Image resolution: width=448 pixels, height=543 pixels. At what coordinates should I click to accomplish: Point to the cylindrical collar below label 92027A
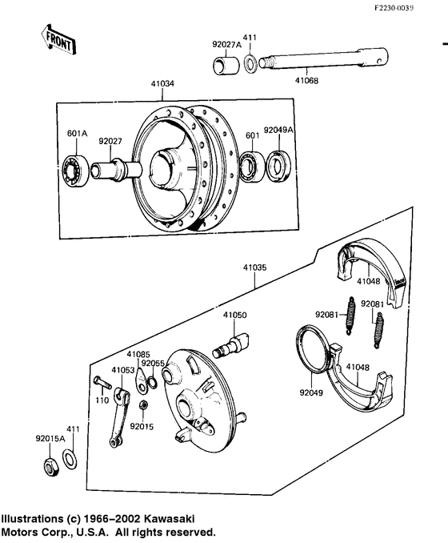[225, 64]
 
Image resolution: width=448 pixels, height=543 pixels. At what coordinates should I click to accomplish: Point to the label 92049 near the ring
[313, 393]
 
